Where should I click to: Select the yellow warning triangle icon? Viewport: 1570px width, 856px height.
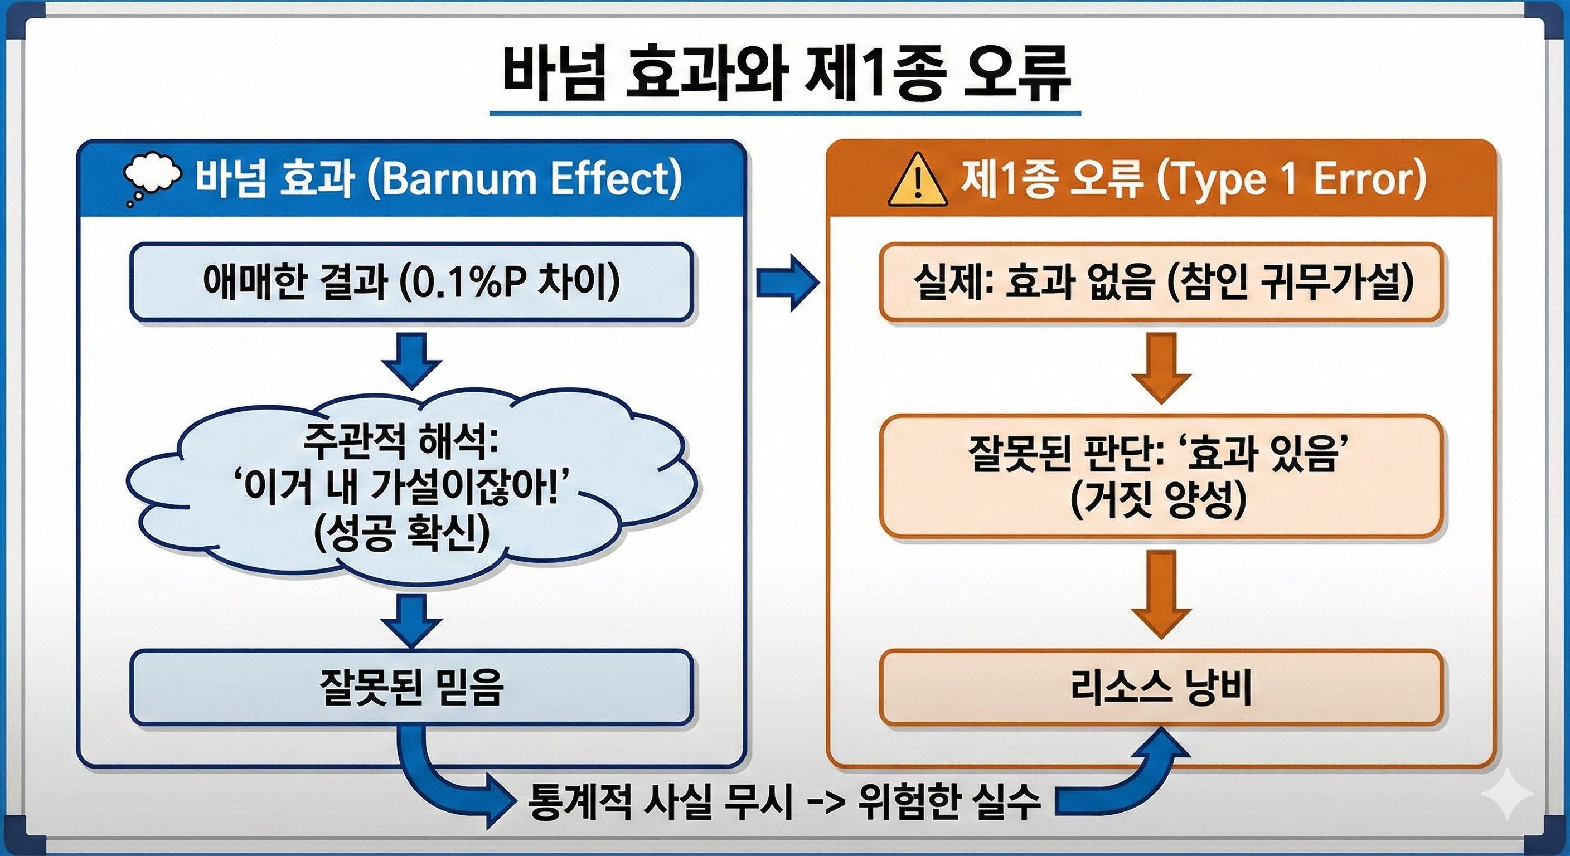(917, 181)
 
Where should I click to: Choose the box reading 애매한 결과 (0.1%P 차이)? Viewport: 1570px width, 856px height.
(411, 282)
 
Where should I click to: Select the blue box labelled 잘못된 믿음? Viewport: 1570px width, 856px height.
(411, 688)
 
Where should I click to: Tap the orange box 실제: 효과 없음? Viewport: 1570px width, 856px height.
(1161, 282)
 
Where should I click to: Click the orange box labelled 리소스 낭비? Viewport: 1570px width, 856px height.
(1161, 688)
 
